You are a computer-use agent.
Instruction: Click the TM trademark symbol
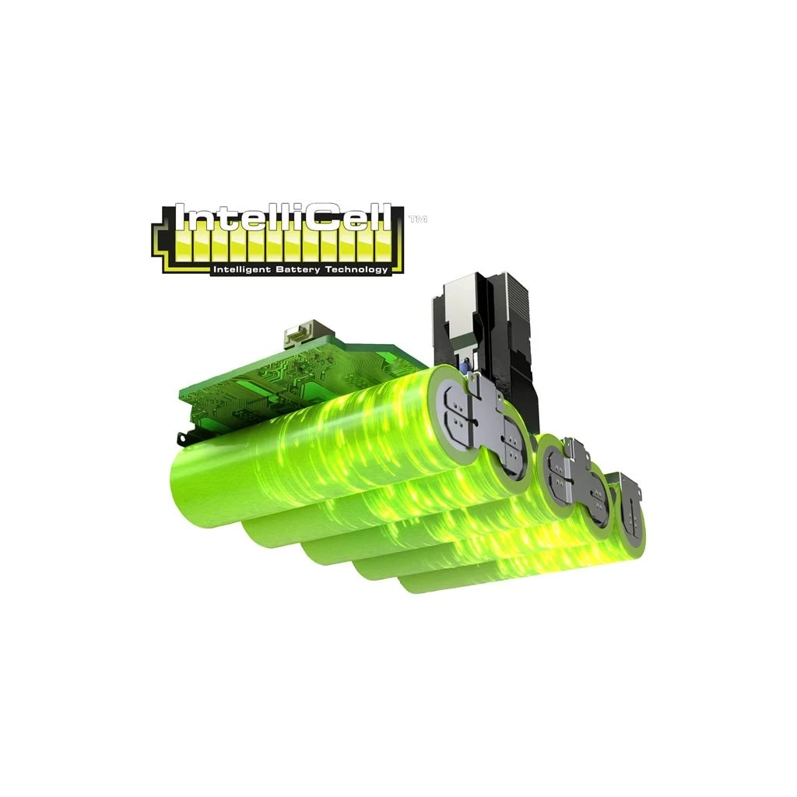[x=418, y=219]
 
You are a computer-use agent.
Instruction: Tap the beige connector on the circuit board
[x=300, y=332]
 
